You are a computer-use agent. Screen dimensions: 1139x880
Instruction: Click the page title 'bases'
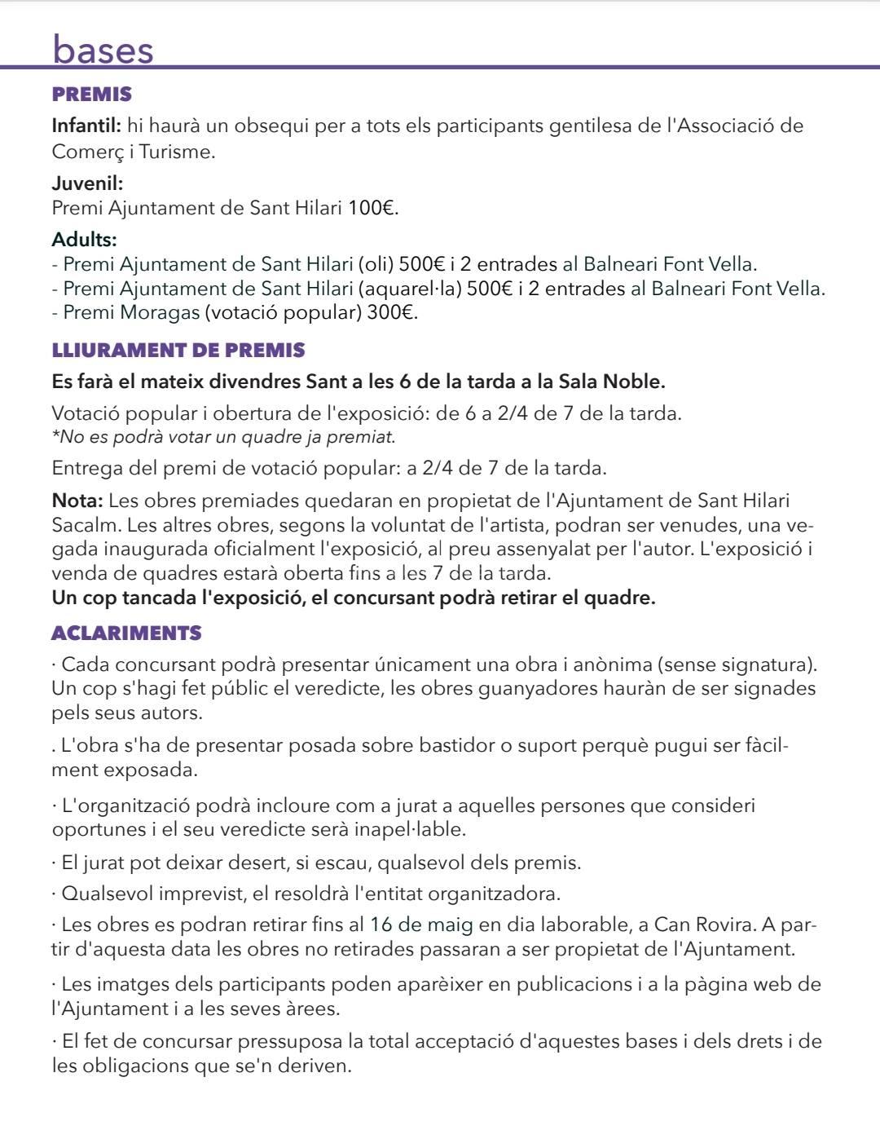(x=103, y=50)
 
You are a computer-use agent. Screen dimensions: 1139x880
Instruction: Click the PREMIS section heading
(x=91, y=95)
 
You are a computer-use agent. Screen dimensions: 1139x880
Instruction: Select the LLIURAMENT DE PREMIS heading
(x=178, y=351)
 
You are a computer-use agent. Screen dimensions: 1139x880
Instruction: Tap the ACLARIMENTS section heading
(x=126, y=633)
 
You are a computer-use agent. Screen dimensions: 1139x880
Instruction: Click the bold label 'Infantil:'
(x=86, y=126)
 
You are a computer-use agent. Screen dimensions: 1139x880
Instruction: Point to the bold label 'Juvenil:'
(x=87, y=183)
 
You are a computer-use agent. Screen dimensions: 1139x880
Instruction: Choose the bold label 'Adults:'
(x=84, y=240)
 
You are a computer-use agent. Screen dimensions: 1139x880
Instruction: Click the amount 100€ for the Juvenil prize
(x=372, y=208)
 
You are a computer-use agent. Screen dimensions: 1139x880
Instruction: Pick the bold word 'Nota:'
(x=77, y=500)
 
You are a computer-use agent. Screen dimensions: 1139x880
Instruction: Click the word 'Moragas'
(x=160, y=312)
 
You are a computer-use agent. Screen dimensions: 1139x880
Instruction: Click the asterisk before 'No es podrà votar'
(x=55, y=435)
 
